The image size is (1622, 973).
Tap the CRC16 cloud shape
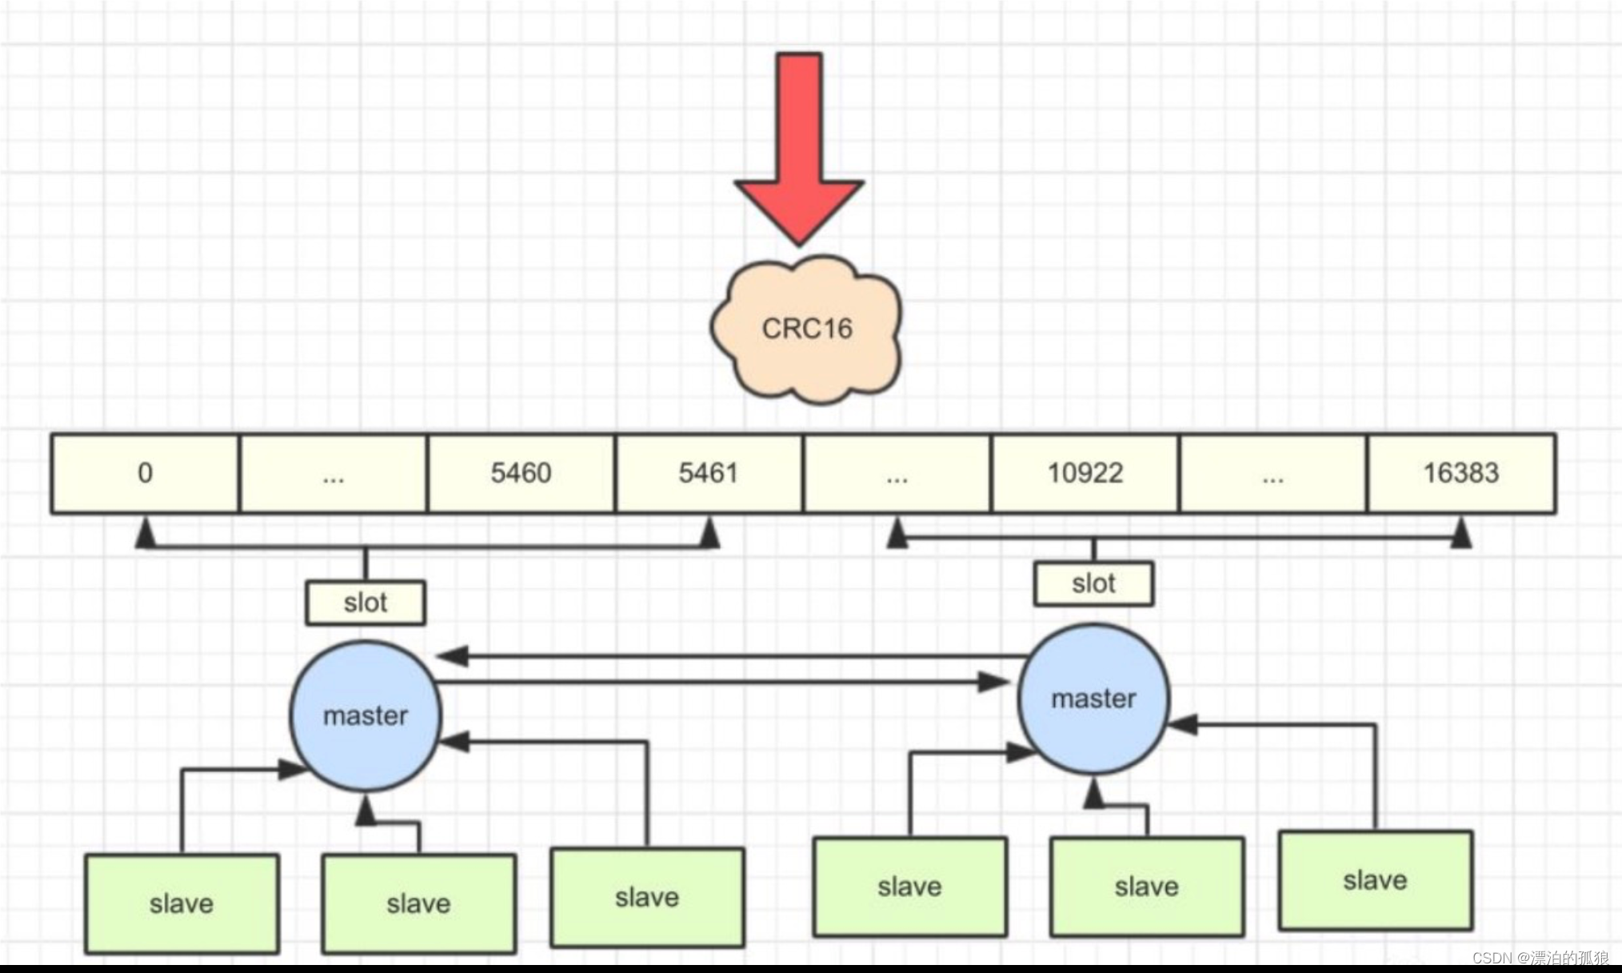pyautogui.click(x=806, y=329)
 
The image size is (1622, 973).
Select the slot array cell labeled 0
pyautogui.click(x=145, y=473)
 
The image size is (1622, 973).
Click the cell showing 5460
pyautogui.click(x=521, y=473)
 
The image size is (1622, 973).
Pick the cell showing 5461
pyautogui.click(x=709, y=473)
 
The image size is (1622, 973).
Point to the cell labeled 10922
pyautogui.click(x=1085, y=473)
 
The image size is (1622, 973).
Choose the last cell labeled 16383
pyautogui.click(x=1460, y=473)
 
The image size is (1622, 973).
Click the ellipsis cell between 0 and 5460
pyautogui.click(x=333, y=473)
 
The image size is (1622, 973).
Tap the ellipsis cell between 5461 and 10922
pyautogui.click(x=897, y=473)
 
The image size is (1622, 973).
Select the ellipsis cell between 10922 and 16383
pyautogui.click(x=1272, y=473)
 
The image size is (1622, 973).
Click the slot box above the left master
pyautogui.click(x=366, y=603)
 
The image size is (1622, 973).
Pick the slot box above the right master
pyautogui.click(x=1093, y=583)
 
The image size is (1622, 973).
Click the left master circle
pyautogui.click(x=366, y=715)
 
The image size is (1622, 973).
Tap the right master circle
pyautogui.click(x=1093, y=699)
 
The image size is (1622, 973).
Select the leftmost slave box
pyautogui.click(x=182, y=904)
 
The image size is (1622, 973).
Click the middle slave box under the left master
pyautogui.click(x=418, y=904)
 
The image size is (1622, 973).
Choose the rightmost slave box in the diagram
pyautogui.click(x=1375, y=880)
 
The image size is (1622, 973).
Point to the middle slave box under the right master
pyautogui.click(x=1146, y=887)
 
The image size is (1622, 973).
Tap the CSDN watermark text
pyautogui.click(x=1540, y=958)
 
